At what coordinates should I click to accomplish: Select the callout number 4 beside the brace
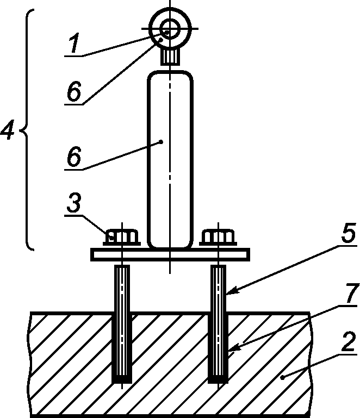(8, 130)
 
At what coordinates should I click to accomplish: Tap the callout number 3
(74, 203)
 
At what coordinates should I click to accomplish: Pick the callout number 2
(349, 342)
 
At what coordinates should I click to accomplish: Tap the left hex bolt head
(122, 237)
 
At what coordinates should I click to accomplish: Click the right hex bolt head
(218, 237)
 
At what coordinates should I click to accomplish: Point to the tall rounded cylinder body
(170, 159)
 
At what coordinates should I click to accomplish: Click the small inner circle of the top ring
(170, 28)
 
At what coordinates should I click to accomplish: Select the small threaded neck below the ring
(170, 57)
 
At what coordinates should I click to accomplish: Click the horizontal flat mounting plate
(170, 254)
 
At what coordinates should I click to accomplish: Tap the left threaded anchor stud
(122, 324)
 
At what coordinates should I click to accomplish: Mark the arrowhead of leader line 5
(230, 291)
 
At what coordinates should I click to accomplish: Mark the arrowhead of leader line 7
(232, 348)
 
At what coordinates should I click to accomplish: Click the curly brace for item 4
(26, 130)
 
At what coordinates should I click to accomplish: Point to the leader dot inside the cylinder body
(161, 142)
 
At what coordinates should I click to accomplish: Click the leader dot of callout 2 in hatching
(283, 377)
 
